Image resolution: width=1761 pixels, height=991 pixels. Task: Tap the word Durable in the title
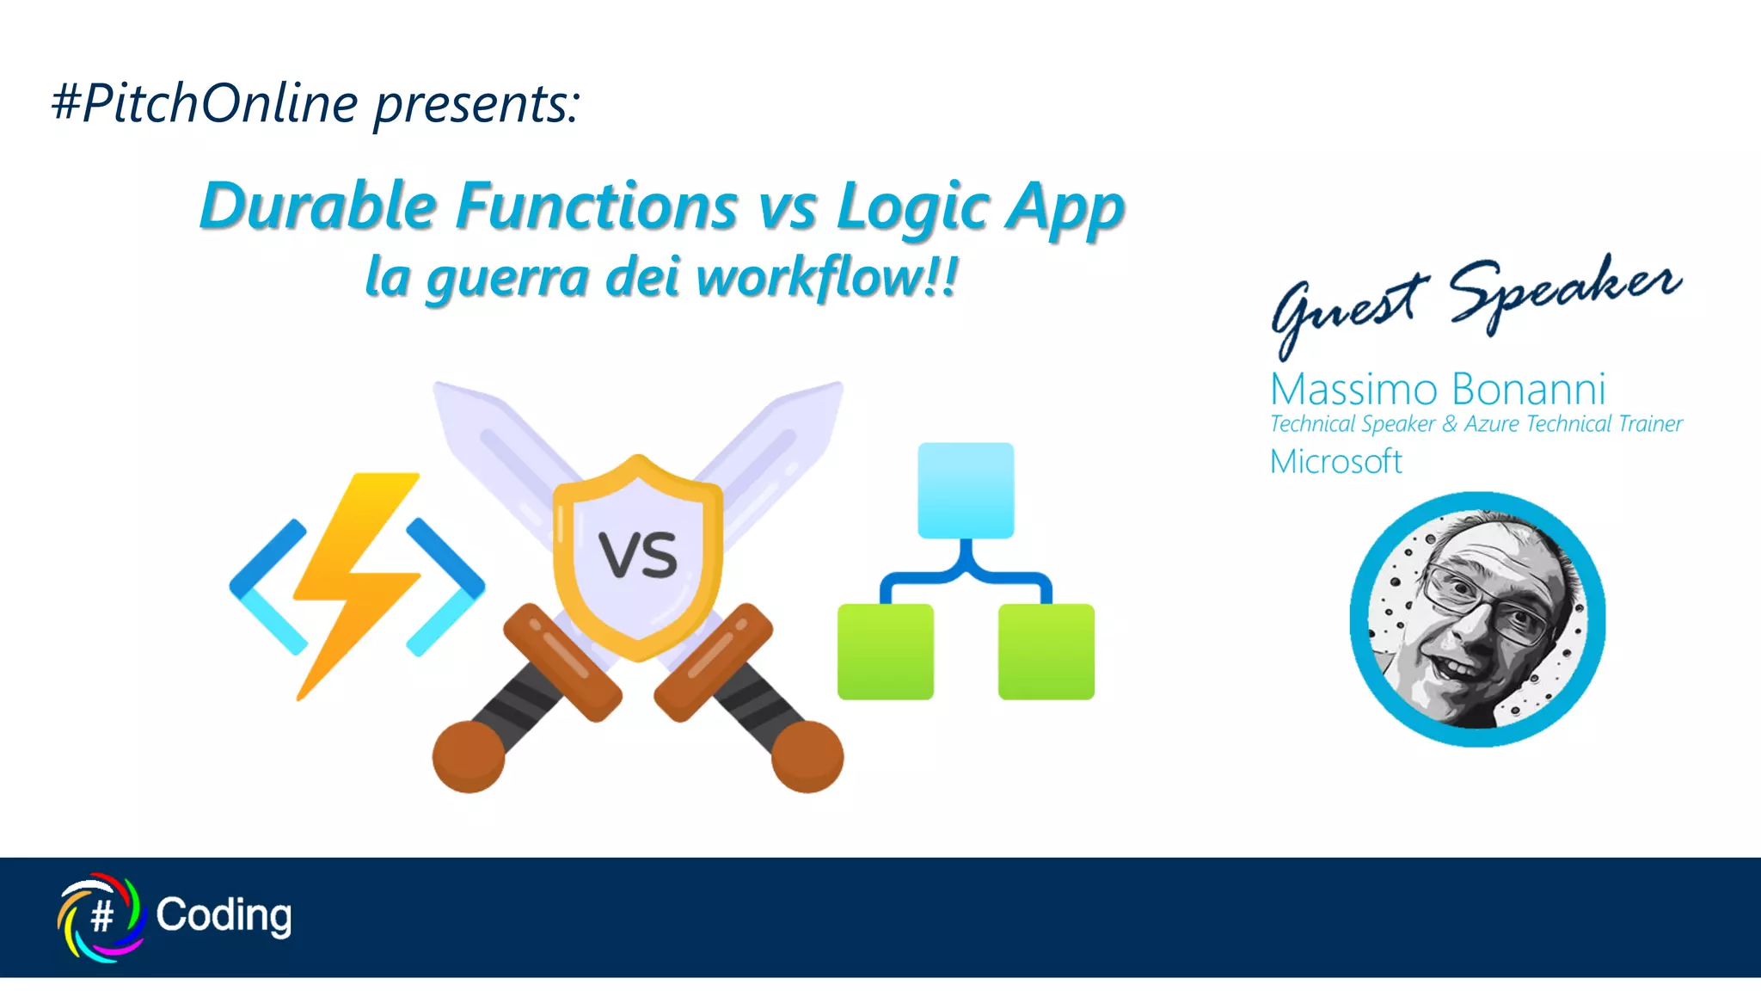[x=318, y=206]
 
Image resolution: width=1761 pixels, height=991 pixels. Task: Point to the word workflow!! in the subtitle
[x=825, y=278]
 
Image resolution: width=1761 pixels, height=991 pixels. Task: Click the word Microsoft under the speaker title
[x=1335, y=462]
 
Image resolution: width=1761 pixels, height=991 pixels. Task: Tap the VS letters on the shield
[x=638, y=555]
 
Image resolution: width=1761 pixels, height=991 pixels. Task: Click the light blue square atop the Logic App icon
[x=966, y=490]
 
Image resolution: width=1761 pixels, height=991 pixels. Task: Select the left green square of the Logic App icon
[x=885, y=651]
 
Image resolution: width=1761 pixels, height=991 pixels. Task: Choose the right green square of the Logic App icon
[x=1046, y=651]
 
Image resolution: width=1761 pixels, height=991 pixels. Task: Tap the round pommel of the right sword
[x=807, y=756]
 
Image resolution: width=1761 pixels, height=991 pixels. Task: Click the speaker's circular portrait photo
[x=1477, y=619]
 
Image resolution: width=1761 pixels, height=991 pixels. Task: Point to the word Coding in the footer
[x=224, y=915]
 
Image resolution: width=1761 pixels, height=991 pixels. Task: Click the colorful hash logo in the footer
[x=101, y=916]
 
